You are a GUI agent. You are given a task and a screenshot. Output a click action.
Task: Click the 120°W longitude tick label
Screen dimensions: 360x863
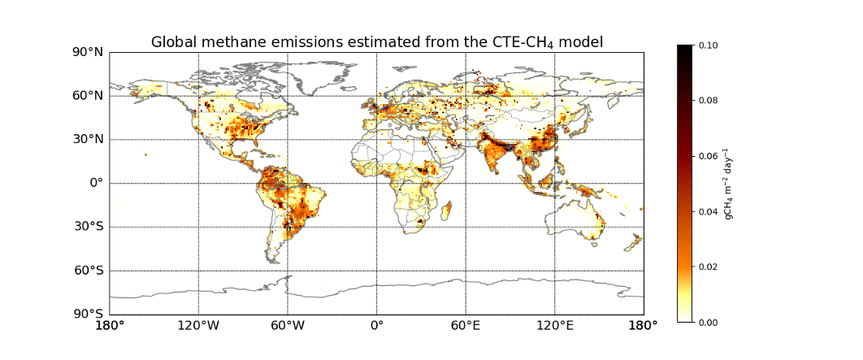[198, 326]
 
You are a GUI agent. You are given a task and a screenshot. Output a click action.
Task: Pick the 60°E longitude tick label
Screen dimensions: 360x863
[466, 326]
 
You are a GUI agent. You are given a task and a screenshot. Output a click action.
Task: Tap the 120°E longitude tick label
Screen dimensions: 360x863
[555, 326]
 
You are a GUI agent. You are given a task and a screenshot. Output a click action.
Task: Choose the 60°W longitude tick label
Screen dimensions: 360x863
[288, 326]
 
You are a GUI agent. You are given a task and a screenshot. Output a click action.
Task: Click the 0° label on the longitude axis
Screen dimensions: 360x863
[376, 326]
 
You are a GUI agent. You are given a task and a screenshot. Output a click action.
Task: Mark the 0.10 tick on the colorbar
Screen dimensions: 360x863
[708, 46]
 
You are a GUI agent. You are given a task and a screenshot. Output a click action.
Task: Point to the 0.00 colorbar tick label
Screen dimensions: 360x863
[708, 322]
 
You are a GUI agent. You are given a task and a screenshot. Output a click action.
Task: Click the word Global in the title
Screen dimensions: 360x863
[173, 42]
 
